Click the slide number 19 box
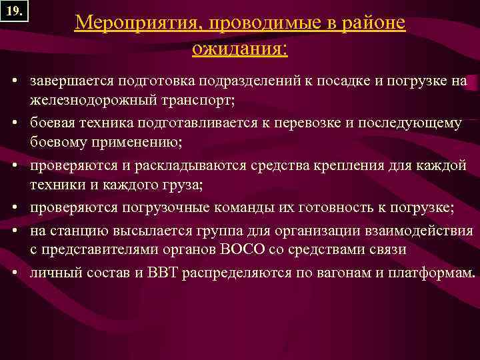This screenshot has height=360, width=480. pos(13,12)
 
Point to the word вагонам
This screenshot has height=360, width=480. pos(349,273)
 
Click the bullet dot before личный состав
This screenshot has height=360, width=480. pos(14,273)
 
